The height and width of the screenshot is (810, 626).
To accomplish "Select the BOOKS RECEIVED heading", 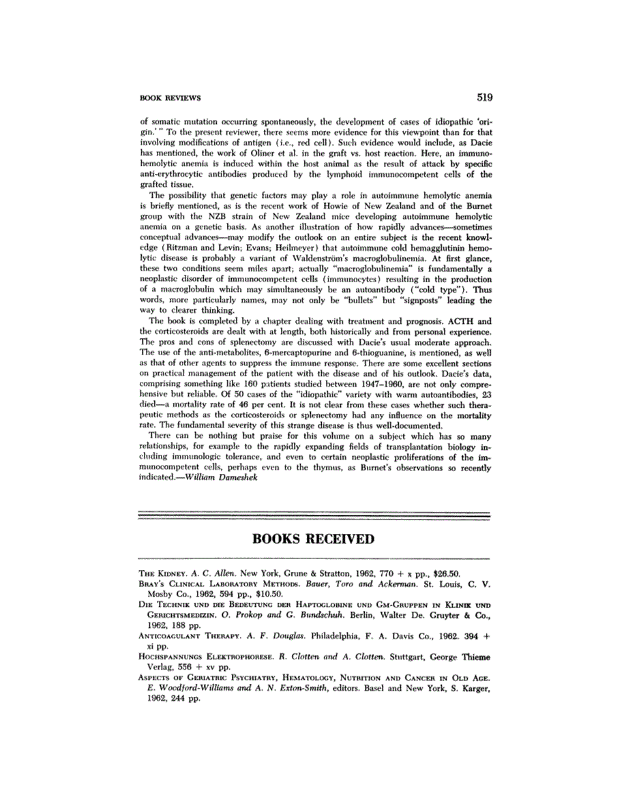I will point(313,539).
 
